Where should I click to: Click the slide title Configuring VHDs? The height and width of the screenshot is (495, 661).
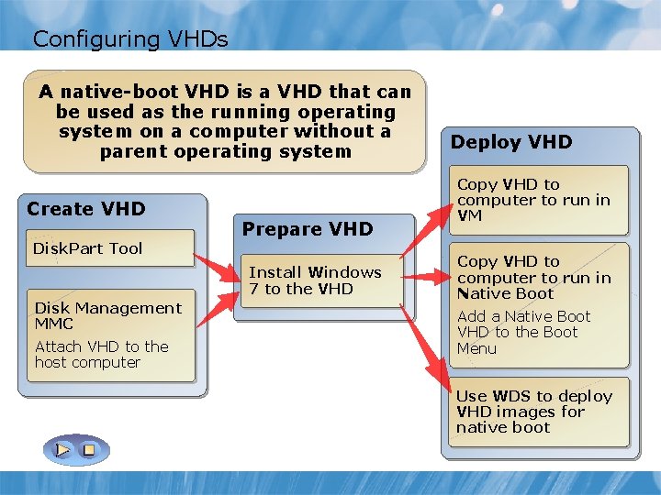[129, 38]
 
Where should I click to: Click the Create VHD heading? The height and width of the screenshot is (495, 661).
[86, 209]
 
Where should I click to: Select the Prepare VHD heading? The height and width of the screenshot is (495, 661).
[308, 229]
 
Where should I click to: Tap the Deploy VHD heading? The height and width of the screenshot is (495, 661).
[511, 142]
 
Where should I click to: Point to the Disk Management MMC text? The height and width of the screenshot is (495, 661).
[107, 315]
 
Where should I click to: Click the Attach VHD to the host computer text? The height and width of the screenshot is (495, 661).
[101, 354]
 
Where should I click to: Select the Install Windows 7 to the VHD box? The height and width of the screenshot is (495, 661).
[315, 280]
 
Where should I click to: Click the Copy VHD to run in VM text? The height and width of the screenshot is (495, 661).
[533, 200]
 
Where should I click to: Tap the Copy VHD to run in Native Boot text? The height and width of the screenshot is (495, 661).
[533, 278]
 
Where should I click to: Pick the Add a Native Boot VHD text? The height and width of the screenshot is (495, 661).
[523, 332]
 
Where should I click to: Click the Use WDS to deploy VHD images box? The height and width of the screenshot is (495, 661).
[534, 412]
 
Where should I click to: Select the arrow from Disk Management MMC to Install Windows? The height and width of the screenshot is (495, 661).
[217, 307]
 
